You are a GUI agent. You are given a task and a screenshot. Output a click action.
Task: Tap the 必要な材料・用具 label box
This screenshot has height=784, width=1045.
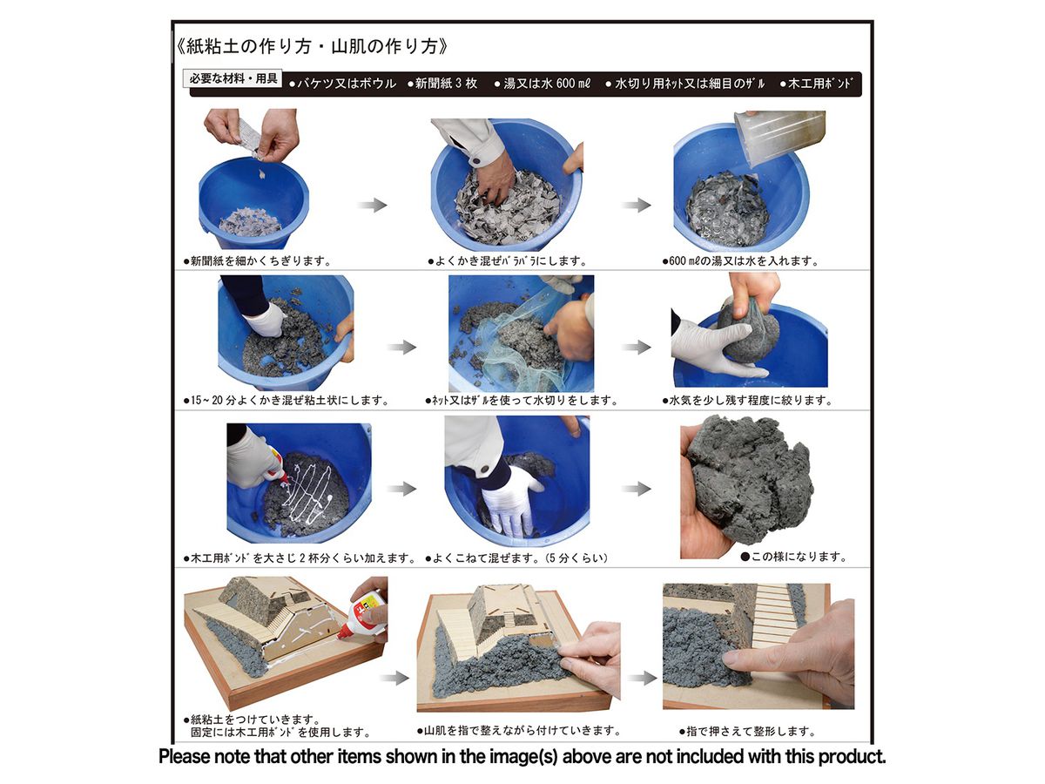point(233,78)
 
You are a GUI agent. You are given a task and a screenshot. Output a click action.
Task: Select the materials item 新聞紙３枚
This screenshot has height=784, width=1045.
point(442,84)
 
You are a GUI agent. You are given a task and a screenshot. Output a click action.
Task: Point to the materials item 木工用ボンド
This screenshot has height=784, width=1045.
point(816,84)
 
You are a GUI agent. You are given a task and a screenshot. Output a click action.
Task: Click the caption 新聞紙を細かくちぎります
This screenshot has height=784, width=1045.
point(257,260)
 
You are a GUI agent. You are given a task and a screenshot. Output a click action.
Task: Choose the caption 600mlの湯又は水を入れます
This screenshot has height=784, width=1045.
point(740,260)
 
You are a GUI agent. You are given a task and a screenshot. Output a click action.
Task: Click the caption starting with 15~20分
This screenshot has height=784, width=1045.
point(287,401)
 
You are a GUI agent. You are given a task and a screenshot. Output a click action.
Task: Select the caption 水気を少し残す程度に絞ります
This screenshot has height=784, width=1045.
point(747,401)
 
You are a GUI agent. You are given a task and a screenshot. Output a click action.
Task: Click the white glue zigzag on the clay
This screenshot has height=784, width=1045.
point(309,495)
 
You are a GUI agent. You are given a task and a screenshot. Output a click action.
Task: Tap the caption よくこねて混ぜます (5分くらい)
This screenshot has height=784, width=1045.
point(516,558)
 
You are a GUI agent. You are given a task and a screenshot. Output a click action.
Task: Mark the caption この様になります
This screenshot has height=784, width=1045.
point(793,557)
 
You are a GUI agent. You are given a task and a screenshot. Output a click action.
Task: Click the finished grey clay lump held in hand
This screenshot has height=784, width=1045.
point(749,481)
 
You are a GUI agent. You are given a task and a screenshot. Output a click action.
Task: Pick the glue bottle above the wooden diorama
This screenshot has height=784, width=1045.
point(361,614)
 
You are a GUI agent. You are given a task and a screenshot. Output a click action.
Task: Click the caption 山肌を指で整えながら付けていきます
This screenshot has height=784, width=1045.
point(518,731)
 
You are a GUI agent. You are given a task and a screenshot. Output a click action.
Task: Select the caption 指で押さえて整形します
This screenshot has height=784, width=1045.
point(747,731)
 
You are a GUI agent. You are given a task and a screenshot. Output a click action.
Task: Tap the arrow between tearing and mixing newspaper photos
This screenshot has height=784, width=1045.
point(373,206)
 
